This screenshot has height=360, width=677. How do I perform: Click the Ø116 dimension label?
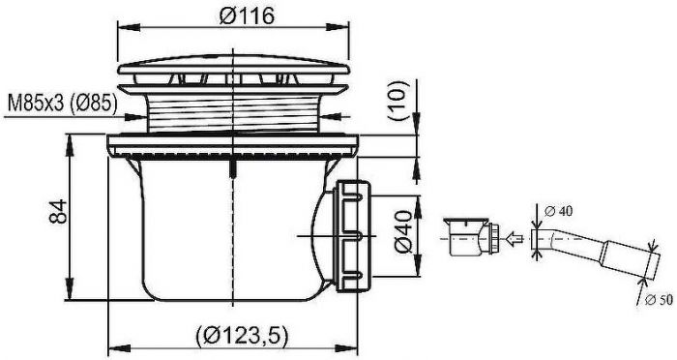click(247, 16)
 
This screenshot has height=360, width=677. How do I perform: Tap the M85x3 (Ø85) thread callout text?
click(62, 104)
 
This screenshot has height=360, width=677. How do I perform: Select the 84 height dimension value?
click(58, 211)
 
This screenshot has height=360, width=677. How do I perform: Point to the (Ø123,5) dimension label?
click(242, 336)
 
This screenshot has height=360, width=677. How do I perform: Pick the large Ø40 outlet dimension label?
click(403, 231)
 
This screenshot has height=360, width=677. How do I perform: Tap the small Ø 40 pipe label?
click(558, 211)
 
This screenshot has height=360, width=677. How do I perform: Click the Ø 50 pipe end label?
click(659, 299)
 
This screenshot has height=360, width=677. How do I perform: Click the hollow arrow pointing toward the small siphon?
click(514, 238)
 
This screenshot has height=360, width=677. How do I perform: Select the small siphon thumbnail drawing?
click(472, 237)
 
